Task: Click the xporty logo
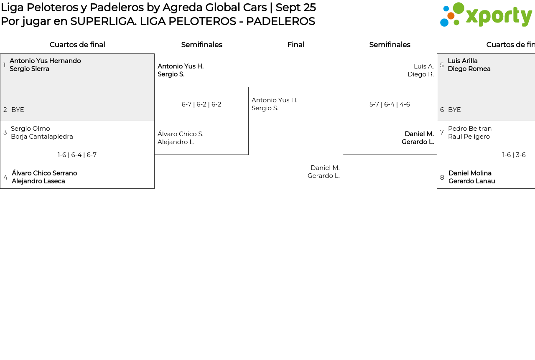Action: click(486, 15)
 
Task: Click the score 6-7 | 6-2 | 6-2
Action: click(201, 104)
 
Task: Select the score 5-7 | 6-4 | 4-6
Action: click(390, 104)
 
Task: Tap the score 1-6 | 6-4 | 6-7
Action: click(77, 155)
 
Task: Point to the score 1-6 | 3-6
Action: click(514, 155)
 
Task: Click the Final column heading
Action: click(296, 45)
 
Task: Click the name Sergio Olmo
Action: click(31, 129)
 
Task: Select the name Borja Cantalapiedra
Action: click(42, 137)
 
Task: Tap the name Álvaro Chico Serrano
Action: click(44, 173)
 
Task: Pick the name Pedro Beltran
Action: click(470, 129)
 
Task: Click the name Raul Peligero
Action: click(469, 137)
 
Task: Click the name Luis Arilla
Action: click(463, 61)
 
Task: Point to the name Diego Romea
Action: click(469, 69)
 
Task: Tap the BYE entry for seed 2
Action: click(18, 110)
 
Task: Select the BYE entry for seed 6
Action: click(454, 110)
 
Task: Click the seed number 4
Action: click(5, 177)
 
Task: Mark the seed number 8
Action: click(442, 177)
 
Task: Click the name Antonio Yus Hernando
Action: click(45, 61)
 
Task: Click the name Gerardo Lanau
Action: click(471, 181)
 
